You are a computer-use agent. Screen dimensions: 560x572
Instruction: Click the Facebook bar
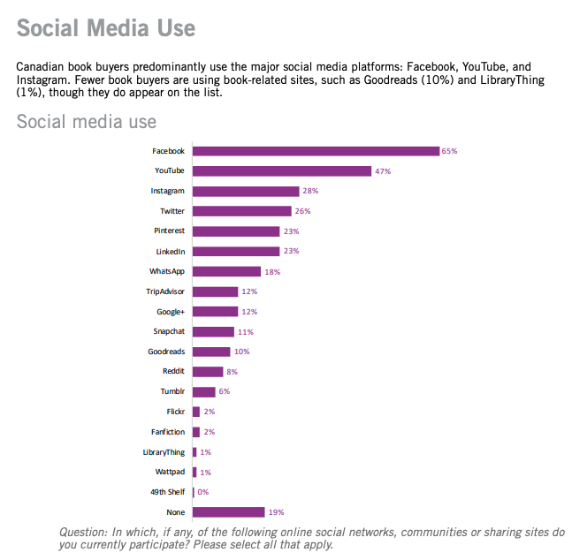[x=316, y=151]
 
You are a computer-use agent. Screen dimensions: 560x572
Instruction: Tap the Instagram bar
[x=246, y=191]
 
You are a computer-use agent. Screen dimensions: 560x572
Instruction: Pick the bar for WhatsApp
[x=226, y=271]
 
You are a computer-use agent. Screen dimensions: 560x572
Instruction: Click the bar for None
[x=228, y=511]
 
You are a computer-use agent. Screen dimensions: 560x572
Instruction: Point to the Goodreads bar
[x=211, y=352]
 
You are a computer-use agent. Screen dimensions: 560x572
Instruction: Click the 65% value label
[x=450, y=151]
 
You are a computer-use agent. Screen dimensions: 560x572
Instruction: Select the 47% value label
[x=383, y=170]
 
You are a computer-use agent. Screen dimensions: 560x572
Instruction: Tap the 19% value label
[x=277, y=511]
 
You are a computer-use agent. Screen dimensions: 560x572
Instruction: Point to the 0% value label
[x=203, y=492]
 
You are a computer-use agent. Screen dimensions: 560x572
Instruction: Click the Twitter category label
[x=172, y=211]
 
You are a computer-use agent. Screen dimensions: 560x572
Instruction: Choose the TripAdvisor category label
[x=165, y=291]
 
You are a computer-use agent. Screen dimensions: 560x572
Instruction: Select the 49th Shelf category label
[x=167, y=492]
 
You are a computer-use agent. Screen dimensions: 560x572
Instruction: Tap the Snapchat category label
[x=169, y=331]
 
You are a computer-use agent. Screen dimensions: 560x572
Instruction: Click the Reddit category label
[x=173, y=372]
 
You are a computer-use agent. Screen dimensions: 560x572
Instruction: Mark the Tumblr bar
[x=203, y=391]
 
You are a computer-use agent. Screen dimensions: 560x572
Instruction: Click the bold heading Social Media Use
[x=106, y=28]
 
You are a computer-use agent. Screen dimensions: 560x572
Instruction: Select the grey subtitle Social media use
[x=87, y=121]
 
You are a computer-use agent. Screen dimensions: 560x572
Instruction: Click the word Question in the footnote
[x=83, y=533]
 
